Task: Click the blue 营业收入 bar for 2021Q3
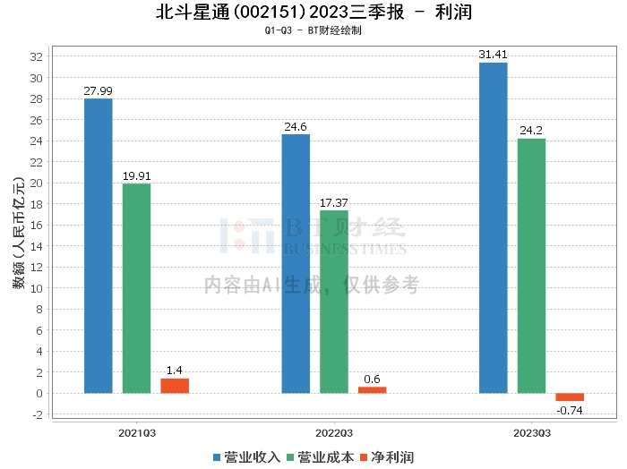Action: click(98, 246)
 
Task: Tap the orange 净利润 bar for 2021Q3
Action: click(175, 386)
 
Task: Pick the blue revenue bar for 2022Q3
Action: click(296, 264)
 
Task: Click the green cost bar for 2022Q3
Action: click(334, 302)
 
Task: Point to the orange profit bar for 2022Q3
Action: click(373, 389)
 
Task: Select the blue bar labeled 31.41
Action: click(493, 228)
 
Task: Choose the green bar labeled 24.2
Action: click(531, 266)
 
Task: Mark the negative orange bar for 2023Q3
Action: click(570, 397)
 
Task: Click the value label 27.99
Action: click(98, 90)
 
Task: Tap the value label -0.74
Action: click(570, 410)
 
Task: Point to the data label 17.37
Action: click(334, 202)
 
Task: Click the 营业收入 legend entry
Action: click(246, 456)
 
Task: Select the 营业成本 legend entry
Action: click(320, 456)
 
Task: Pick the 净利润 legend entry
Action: click(386, 456)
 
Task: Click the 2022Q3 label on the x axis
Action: click(334, 432)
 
